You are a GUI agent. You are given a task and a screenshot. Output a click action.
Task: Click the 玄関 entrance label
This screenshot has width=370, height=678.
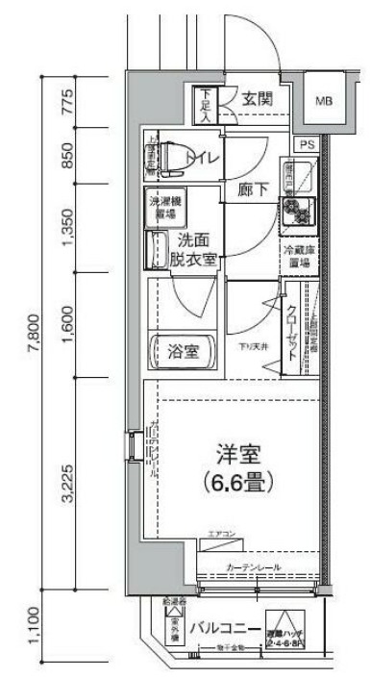tap(256, 98)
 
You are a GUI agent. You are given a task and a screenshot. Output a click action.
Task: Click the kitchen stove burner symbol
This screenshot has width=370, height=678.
tap(294, 210)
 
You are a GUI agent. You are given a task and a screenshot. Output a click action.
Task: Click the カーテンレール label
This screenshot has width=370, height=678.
tap(254, 567)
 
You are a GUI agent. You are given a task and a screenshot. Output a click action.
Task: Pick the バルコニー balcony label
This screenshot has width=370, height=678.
tap(225, 630)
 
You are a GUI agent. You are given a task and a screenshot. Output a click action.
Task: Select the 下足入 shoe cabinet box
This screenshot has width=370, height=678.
tap(206, 103)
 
